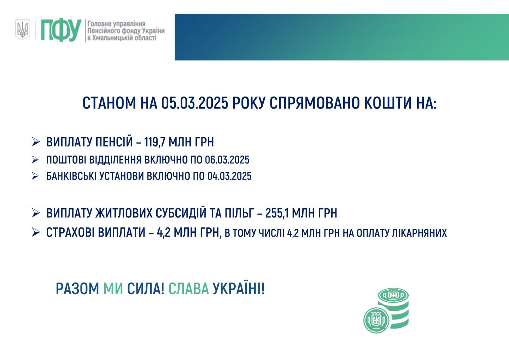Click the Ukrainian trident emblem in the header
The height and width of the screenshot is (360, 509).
coord(23,30)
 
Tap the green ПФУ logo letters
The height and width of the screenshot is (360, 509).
coord(61,30)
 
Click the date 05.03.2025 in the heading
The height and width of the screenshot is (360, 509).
coord(194,103)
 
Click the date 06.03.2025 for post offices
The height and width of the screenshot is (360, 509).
coord(227,160)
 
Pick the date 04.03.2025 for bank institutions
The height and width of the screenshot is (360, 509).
coord(229,176)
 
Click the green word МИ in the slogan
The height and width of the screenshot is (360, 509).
coord(113,289)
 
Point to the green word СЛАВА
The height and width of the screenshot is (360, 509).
coord(188,289)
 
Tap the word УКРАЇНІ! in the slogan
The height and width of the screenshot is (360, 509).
coord(239,289)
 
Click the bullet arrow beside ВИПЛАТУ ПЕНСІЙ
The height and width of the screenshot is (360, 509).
coord(36,142)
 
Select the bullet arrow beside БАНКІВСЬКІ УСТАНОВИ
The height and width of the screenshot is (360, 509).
coord(35,176)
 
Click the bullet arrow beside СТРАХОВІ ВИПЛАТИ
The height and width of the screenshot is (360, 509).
coord(36,232)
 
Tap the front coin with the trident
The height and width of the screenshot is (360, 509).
coord(376,320)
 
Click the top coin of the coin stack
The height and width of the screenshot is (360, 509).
coord(393,295)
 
